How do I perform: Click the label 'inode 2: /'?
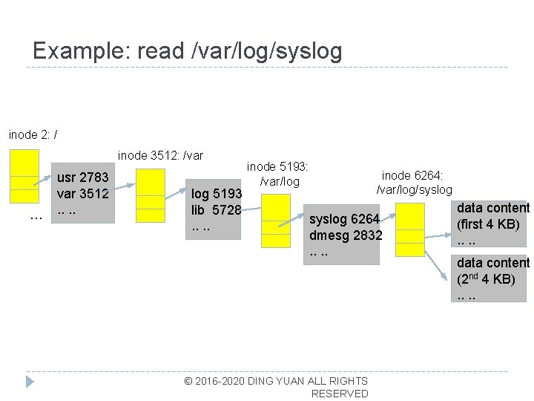[x=33, y=134]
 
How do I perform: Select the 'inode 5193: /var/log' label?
[x=277, y=175]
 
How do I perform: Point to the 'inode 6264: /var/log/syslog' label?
[x=413, y=183]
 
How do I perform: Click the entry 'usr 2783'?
[x=84, y=177]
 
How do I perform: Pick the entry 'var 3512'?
[x=84, y=194]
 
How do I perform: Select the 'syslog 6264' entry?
[x=344, y=219]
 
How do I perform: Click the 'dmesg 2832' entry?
[x=346, y=235]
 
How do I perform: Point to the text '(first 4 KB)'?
[x=488, y=224]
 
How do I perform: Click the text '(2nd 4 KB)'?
[x=486, y=279]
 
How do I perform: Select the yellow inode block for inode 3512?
[x=151, y=195]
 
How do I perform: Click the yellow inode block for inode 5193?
[x=277, y=221]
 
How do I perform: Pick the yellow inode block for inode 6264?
[x=409, y=229]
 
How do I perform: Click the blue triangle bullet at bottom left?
[x=30, y=382]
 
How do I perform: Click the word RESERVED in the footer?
[x=340, y=394]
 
